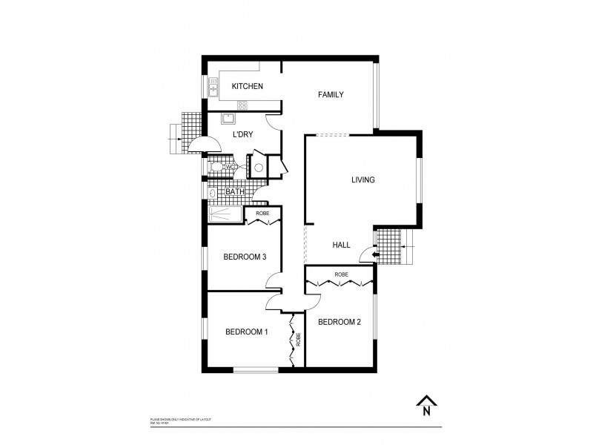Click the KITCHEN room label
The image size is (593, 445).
click(247, 87)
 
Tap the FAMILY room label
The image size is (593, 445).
click(331, 94)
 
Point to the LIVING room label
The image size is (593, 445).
click(362, 179)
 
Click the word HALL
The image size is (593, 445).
click(342, 244)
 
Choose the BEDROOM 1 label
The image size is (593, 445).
click(246, 332)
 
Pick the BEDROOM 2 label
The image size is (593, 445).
click(339, 322)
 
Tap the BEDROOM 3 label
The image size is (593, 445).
click(245, 257)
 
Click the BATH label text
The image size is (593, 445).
click(235, 192)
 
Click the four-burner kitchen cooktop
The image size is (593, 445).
click(242, 105)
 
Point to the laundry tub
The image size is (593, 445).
click(228, 118)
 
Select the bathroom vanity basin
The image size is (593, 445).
click(213, 193)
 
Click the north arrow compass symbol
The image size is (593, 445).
click(425, 405)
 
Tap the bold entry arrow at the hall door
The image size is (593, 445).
click(376, 256)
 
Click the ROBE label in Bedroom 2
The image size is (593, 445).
click(340, 274)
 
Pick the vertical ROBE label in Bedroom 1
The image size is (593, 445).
click(298, 341)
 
